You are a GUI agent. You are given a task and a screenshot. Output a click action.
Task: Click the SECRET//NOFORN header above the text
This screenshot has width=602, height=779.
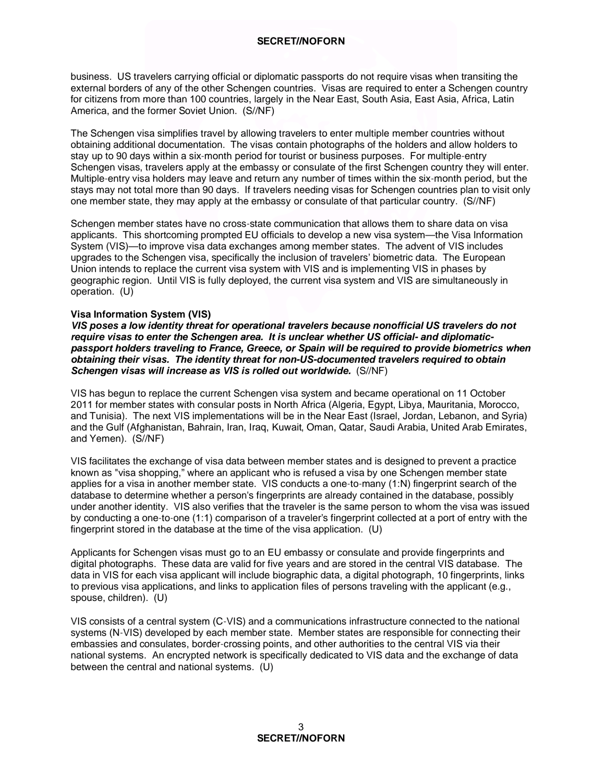(301, 41)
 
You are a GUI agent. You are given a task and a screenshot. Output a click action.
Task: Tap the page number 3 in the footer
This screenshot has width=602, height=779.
(301, 727)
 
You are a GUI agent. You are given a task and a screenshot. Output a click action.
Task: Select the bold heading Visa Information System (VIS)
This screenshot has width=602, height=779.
(141, 314)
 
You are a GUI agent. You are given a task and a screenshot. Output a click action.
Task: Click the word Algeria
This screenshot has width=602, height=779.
(345, 404)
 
